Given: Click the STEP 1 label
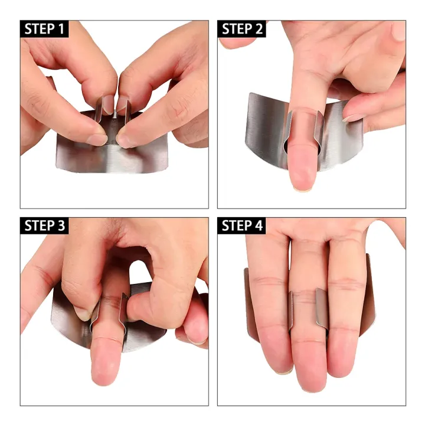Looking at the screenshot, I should click(44, 29).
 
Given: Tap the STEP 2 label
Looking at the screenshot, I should click(242, 29).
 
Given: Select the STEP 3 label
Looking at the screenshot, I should click(44, 225).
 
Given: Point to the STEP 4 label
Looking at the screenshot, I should click(242, 225).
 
